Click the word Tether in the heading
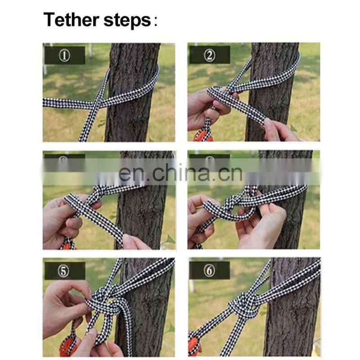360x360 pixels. tap(71, 20)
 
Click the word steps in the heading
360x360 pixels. tap(127, 21)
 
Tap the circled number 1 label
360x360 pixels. tap(64, 55)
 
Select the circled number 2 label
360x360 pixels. tap(210, 55)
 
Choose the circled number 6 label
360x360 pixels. tap(209, 271)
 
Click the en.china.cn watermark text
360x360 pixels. tap(180, 173)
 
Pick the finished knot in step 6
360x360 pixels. tap(243, 307)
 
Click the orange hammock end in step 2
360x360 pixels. tap(203, 136)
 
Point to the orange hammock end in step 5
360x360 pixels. tap(68, 346)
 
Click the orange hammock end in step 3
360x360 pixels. tap(67, 245)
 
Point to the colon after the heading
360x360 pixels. tap(156, 21)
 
